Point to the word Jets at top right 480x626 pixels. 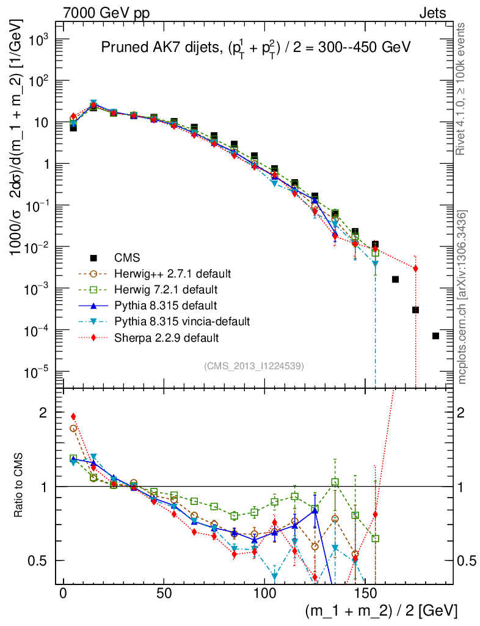pyautogui.click(x=432, y=13)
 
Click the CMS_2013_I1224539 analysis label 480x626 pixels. pyautogui.click(x=254, y=366)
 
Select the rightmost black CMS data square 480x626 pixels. pyautogui.click(x=435, y=336)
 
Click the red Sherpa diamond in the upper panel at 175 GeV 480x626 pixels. pyautogui.click(x=415, y=268)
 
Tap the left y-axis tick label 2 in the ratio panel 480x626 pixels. pyautogui.click(x=43, y=413)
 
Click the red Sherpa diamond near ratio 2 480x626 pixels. pyautogui.click(x=73, y=416)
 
